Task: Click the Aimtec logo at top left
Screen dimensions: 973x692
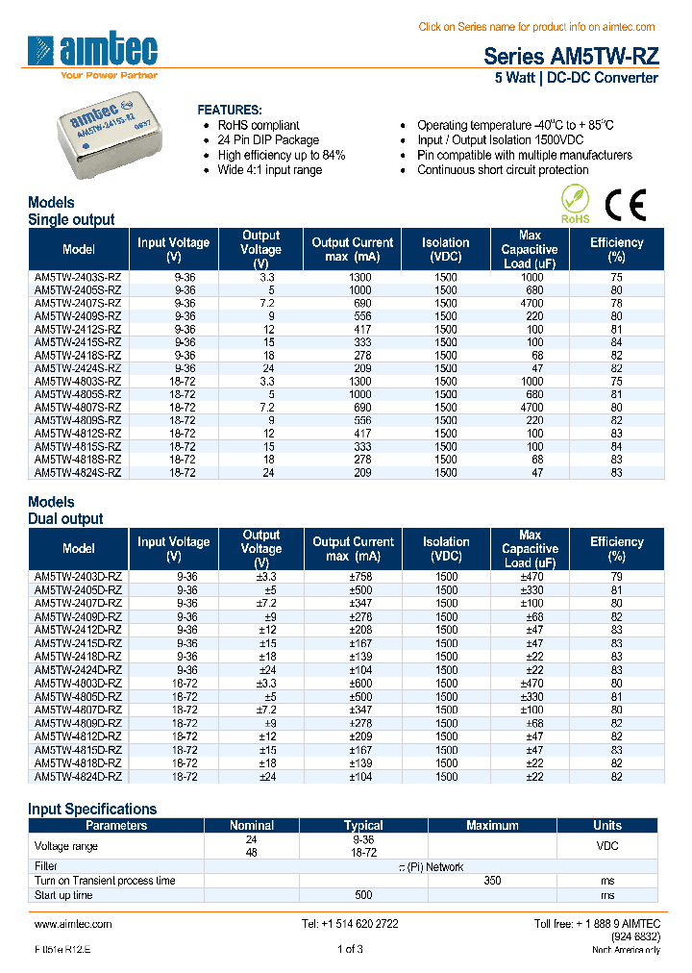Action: [92, 55]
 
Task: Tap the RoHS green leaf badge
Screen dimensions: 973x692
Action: [575, 204]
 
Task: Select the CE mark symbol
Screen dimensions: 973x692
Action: [625, 205]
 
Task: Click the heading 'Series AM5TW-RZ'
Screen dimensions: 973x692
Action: [570, 56]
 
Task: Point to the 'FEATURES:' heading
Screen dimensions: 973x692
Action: [229, 110]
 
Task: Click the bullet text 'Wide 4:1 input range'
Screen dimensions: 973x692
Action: [269, 170]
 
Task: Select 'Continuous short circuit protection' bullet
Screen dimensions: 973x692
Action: [502, 170]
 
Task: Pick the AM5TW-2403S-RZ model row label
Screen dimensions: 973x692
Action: [78, 277]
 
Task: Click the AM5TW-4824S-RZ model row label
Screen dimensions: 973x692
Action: [78, 472]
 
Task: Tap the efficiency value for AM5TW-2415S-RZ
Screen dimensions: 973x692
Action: [616, 342]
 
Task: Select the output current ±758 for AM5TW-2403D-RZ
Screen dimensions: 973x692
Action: [353, 577]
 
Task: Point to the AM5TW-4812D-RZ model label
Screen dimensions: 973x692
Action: [78, 736]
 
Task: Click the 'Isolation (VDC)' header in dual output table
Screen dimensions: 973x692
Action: [445, 549]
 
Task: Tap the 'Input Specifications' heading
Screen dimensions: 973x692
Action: [92, 809]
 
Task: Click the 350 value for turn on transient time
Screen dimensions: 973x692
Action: [492, 881]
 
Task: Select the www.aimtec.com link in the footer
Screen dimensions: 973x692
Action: [73, 924]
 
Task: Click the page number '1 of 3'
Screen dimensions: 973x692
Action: [350, 950]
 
